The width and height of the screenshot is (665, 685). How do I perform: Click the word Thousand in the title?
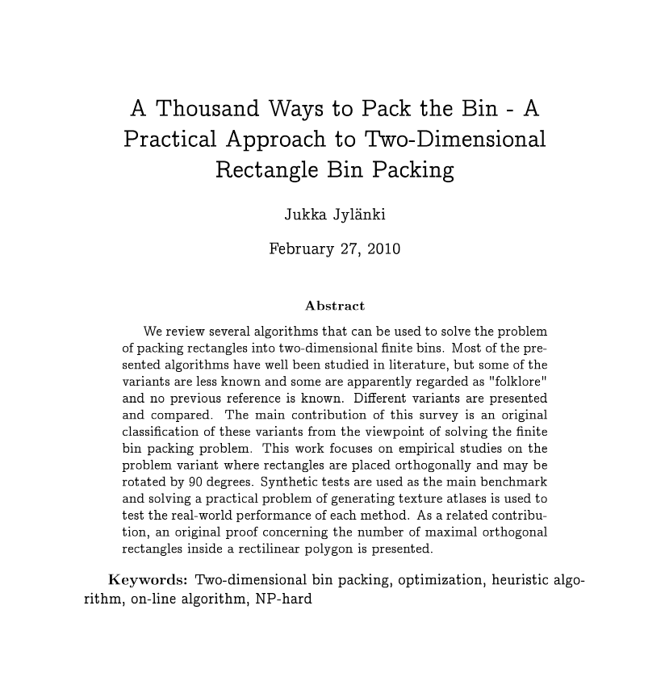(209, 108)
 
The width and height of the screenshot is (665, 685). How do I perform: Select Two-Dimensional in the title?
(456, 140)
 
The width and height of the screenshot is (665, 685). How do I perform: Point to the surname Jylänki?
(358, 215)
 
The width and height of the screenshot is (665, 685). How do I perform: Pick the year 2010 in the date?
(383, 249)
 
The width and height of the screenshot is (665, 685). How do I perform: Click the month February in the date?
(300, 249)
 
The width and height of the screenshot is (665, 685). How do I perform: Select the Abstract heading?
(335, 306)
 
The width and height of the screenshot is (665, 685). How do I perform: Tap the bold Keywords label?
(148, 580)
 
